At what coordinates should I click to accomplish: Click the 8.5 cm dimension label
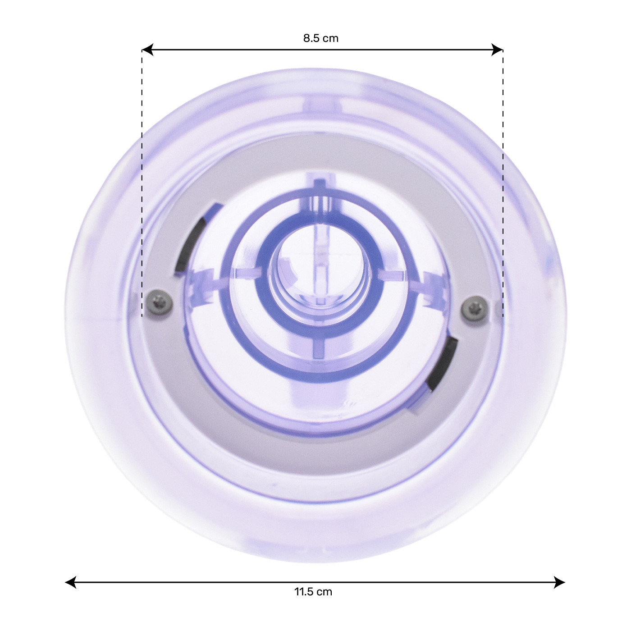(320, 38)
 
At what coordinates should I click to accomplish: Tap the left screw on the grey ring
(159, 304)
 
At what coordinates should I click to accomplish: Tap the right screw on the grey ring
(475, 307)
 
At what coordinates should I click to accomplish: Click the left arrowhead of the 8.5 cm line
(148, 50)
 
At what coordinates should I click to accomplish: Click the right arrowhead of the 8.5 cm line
(497, 50)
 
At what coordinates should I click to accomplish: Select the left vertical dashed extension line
(142, 183)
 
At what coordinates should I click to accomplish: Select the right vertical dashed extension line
(503, 183)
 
